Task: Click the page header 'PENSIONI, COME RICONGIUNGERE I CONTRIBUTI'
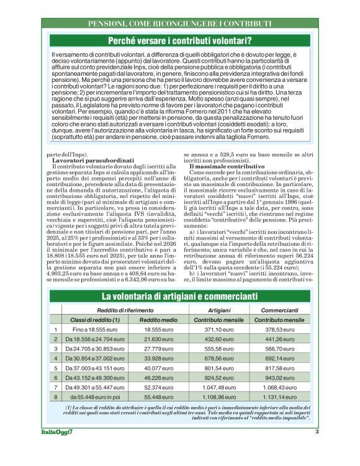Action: pyautogui.click(x=180, y=24)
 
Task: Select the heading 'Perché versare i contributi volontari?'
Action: pyautogui.click(x=180, y=41)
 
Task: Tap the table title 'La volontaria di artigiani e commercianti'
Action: pyautogui.click(x=180, y=297)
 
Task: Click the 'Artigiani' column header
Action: pyautogui.click(x=219, y=310)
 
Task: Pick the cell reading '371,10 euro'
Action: pyautogui.click(x=219, y=330)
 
